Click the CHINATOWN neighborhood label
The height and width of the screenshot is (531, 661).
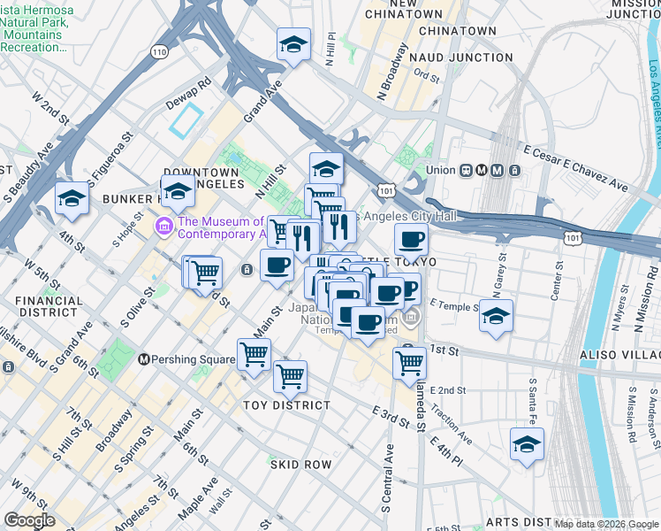click(x=457, y=31)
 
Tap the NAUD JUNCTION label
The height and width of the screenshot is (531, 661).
click(x=460, y=58)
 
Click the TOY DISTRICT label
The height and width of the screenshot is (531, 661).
click(x=286, y=405)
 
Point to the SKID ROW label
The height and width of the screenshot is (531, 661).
click(x=300, y=465)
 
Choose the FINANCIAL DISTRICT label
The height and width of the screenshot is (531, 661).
click(x=49, y=307)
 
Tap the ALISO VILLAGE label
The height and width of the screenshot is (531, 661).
click(x=619, y=353)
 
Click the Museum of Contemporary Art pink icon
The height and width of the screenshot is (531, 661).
click(x=163, y=227)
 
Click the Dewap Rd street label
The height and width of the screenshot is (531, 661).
click(x=189, y=93)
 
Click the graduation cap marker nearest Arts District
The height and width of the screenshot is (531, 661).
click(x=527, y=445)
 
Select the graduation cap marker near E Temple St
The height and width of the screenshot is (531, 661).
click(x=497, y=316)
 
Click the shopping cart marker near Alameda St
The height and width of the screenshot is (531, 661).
click(x=409, y=362)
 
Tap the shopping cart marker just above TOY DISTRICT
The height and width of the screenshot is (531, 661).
click(x=290, y=376)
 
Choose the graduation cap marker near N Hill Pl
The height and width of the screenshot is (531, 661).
click(x=293, y=44)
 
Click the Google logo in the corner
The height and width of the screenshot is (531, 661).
click(x=29, y=520)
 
